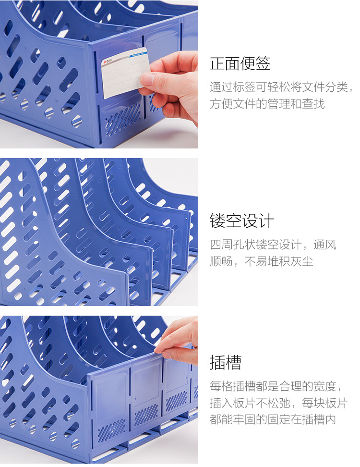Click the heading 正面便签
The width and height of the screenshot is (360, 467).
[x=240, y=63]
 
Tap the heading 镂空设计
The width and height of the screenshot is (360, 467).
[x=241, y=221]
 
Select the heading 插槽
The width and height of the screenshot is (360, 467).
[x=226, y=362]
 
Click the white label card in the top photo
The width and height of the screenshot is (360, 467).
[x=125, y=73]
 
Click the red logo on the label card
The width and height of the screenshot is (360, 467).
[x=105, y=62]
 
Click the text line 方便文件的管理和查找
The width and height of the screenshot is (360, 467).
[x=267, y=104]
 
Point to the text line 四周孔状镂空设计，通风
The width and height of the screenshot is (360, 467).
[x=273, y=245]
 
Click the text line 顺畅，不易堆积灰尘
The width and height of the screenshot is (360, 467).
[x=261, y=261]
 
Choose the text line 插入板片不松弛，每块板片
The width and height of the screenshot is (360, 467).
[x=279, y=403]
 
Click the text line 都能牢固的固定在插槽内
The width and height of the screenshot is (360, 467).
[x=273, y=419]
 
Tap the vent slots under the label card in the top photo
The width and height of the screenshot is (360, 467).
[x=122, y=119]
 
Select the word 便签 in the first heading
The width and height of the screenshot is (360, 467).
[x=255, y=63]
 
